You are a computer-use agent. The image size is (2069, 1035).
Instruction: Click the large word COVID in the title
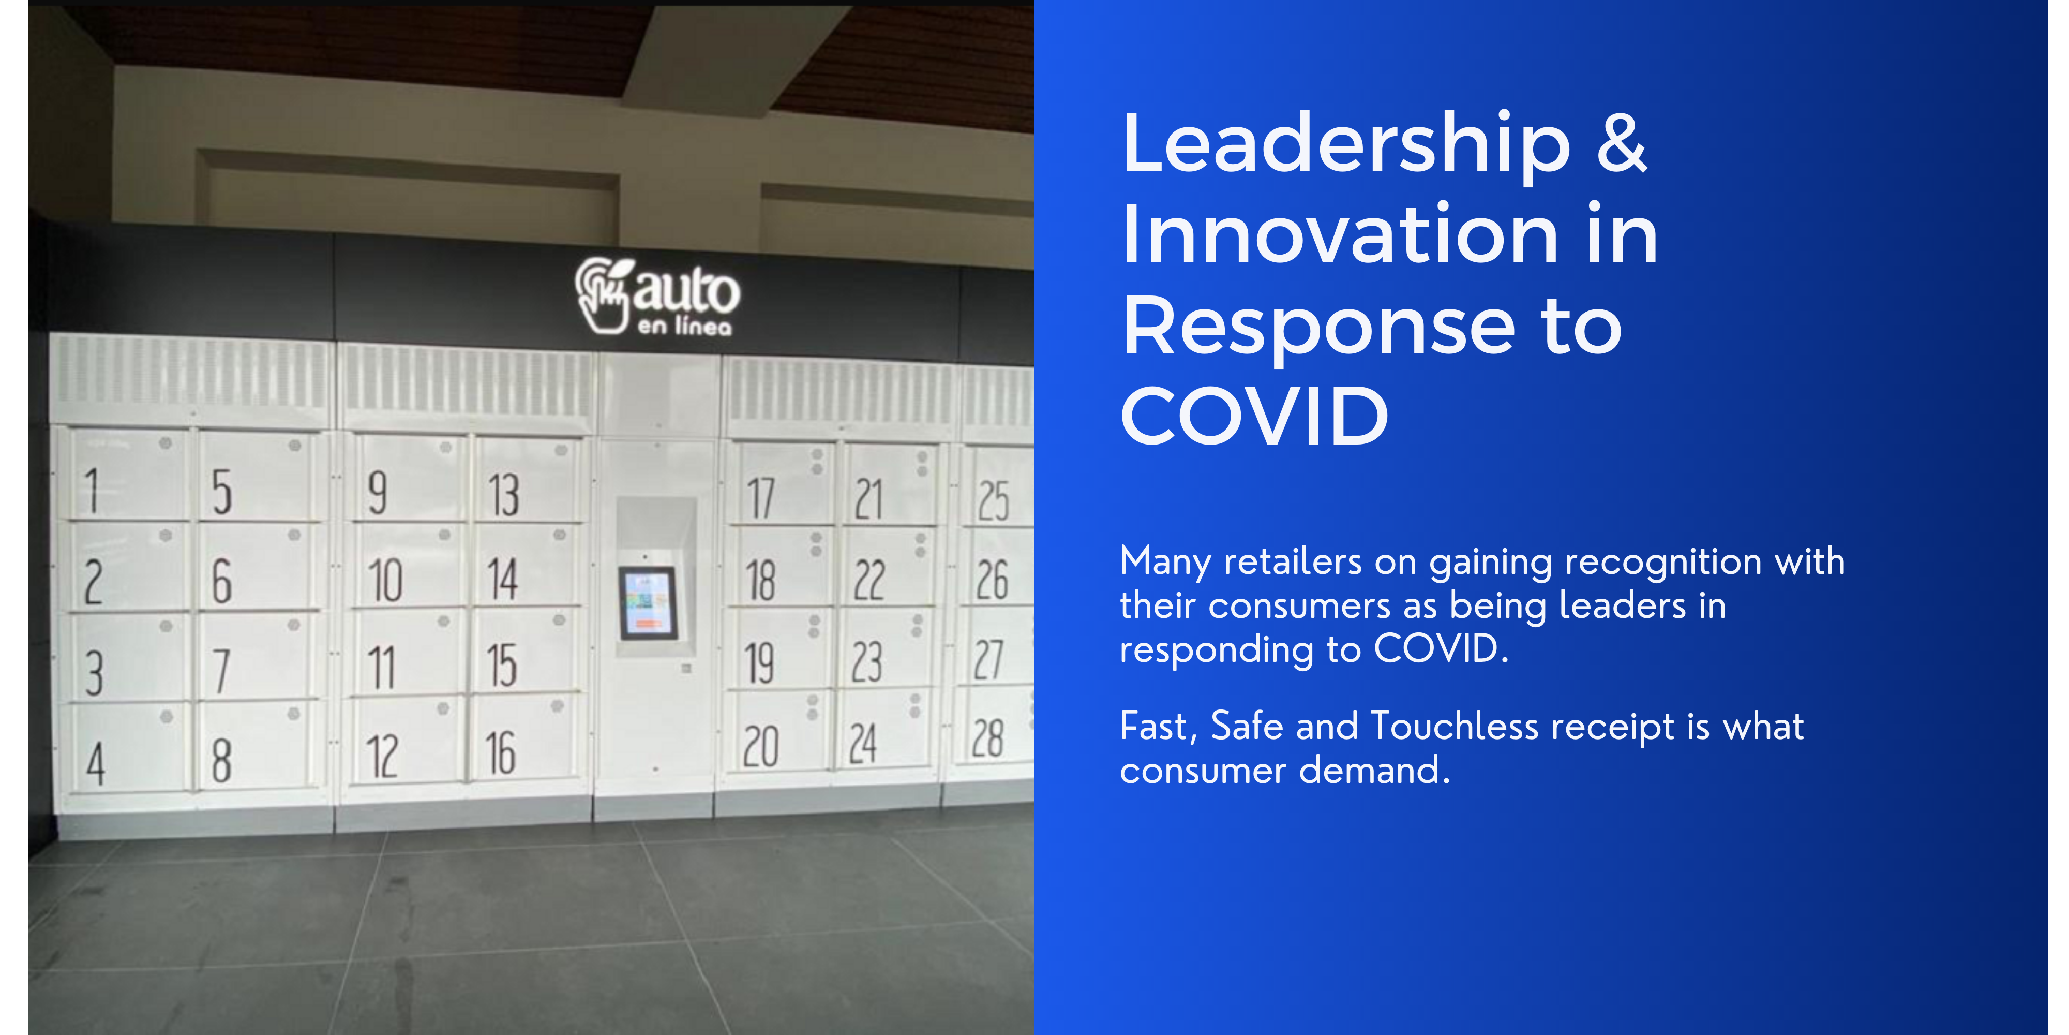click(x=1254, y=416)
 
